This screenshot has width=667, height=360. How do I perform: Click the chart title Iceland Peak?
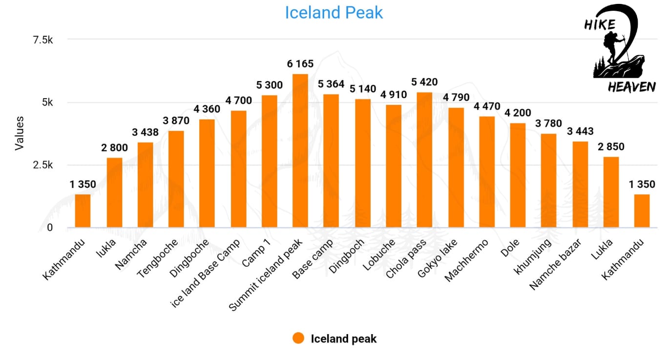[334, 13]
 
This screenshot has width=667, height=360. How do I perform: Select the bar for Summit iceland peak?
[300, 150]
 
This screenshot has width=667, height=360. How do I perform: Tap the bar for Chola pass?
[424, 160]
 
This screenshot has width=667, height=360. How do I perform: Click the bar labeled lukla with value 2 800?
[114, 192]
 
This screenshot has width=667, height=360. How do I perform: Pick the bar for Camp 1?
[269, 161]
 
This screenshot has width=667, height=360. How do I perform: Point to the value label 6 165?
[300, 64]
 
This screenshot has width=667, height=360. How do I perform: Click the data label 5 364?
[331, 84]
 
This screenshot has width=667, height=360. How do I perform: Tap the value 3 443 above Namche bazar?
[580, 131]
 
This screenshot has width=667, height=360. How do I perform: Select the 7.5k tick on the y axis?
[43, 40]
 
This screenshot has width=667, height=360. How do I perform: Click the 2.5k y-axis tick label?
[43, 165]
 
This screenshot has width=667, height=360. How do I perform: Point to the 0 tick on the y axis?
[50, 228]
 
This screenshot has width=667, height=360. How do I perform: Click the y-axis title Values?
[20, 133]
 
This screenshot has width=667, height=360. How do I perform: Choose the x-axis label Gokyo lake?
[437, 258]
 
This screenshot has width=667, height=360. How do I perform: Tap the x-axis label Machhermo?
[466, 260]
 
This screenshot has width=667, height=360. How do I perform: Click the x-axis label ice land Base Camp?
[205, 273]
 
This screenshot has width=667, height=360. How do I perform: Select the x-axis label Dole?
[510, 248]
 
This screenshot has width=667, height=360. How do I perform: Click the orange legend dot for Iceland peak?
[298, 338]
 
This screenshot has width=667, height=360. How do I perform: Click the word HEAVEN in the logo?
[631, 87]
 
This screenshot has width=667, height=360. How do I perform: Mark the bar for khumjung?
[548, 181]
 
